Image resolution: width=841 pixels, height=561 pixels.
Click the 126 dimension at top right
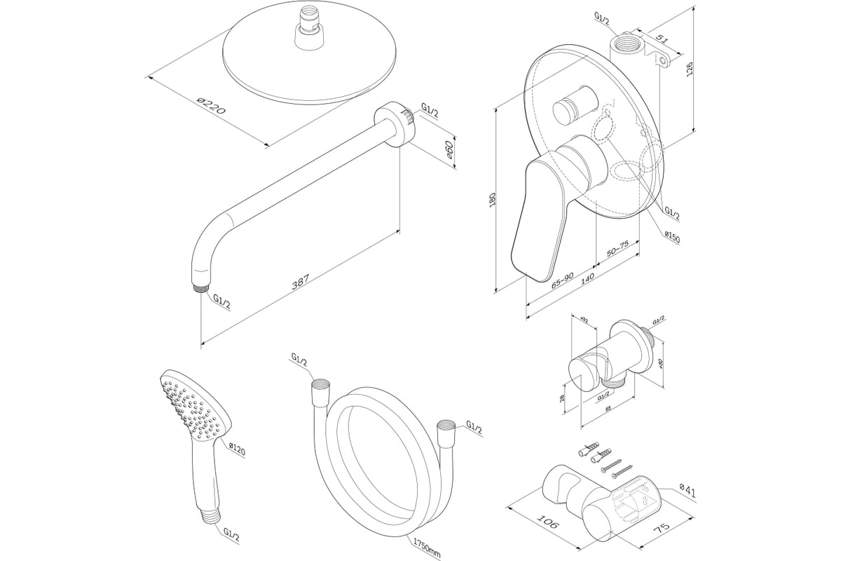tap(690, 69)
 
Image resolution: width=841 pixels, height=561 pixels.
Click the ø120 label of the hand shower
tap(238, 449)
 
